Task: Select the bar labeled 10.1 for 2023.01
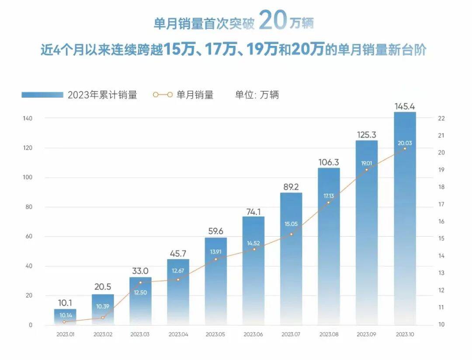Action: pyautogui.click(x=65, y=317)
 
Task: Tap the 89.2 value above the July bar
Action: pyautogui.click(x=291, y=187)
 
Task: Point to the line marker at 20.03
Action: pyautogui.click(x=405, y=149)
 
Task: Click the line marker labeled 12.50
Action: pyautogui.click(x=140, y=282)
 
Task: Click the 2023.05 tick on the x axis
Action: pyautogui.click(x=215, y=335)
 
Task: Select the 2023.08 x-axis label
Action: pyautogui.click(x=329, y=335)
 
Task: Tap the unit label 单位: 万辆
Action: pyautogui.click(x=257, y=95)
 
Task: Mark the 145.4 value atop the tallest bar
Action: pyautogui.click(x=405, y=106)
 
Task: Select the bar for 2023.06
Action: pyautogui.click(x=253, y=271)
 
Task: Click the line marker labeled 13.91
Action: pyautogui.click(x=215, y=259)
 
